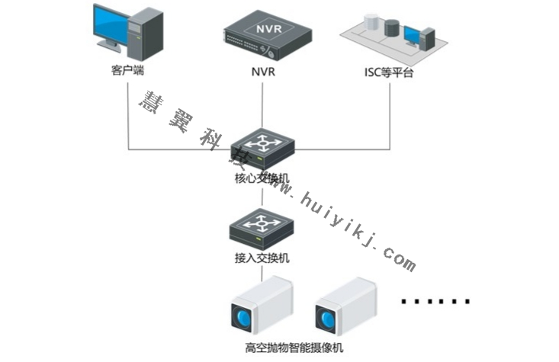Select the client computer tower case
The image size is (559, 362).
(x=149, y=34)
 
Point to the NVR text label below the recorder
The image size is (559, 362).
(x=263, y=74)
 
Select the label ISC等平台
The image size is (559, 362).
(x=389, y=74)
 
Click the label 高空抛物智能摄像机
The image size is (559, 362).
(x=294, y=348)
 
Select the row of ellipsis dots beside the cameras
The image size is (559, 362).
(x=435, y=302)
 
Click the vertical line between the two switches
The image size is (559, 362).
(x=262, y=197)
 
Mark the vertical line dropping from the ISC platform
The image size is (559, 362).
(x=390, y=114)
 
